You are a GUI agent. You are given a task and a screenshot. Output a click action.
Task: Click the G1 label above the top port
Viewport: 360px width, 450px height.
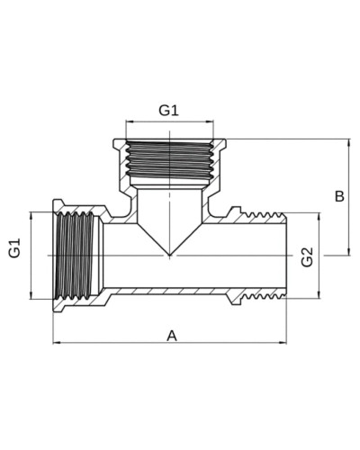168,111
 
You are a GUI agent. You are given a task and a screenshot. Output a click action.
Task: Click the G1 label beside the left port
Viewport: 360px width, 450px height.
14,247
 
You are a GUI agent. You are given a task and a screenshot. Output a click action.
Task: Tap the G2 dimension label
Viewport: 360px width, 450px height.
308,257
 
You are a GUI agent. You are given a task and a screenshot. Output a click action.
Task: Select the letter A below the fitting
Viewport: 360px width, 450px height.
172,336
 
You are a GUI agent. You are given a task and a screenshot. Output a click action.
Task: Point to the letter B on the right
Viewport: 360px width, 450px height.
339,197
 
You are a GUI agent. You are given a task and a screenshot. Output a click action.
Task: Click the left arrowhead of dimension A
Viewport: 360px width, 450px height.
57,342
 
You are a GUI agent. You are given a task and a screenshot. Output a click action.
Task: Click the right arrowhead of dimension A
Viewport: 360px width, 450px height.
283,342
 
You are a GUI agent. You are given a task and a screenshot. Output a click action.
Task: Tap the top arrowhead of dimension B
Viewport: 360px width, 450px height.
348,143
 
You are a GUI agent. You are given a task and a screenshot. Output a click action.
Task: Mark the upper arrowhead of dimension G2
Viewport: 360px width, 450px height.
319,217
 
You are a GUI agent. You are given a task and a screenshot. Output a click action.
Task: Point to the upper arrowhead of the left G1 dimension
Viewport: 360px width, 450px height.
31,216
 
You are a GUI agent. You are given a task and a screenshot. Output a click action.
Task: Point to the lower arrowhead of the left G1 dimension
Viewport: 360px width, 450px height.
31,295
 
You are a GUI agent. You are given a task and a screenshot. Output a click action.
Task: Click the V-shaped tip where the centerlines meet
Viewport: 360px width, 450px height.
170,256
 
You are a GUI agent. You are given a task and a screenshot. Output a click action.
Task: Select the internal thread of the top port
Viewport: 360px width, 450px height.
170,159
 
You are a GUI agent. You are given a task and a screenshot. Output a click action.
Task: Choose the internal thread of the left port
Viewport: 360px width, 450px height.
75,256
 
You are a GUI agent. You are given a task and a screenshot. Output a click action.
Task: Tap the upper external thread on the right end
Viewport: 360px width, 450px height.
263,215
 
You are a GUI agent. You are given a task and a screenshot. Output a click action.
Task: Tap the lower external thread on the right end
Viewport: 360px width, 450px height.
263,296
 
